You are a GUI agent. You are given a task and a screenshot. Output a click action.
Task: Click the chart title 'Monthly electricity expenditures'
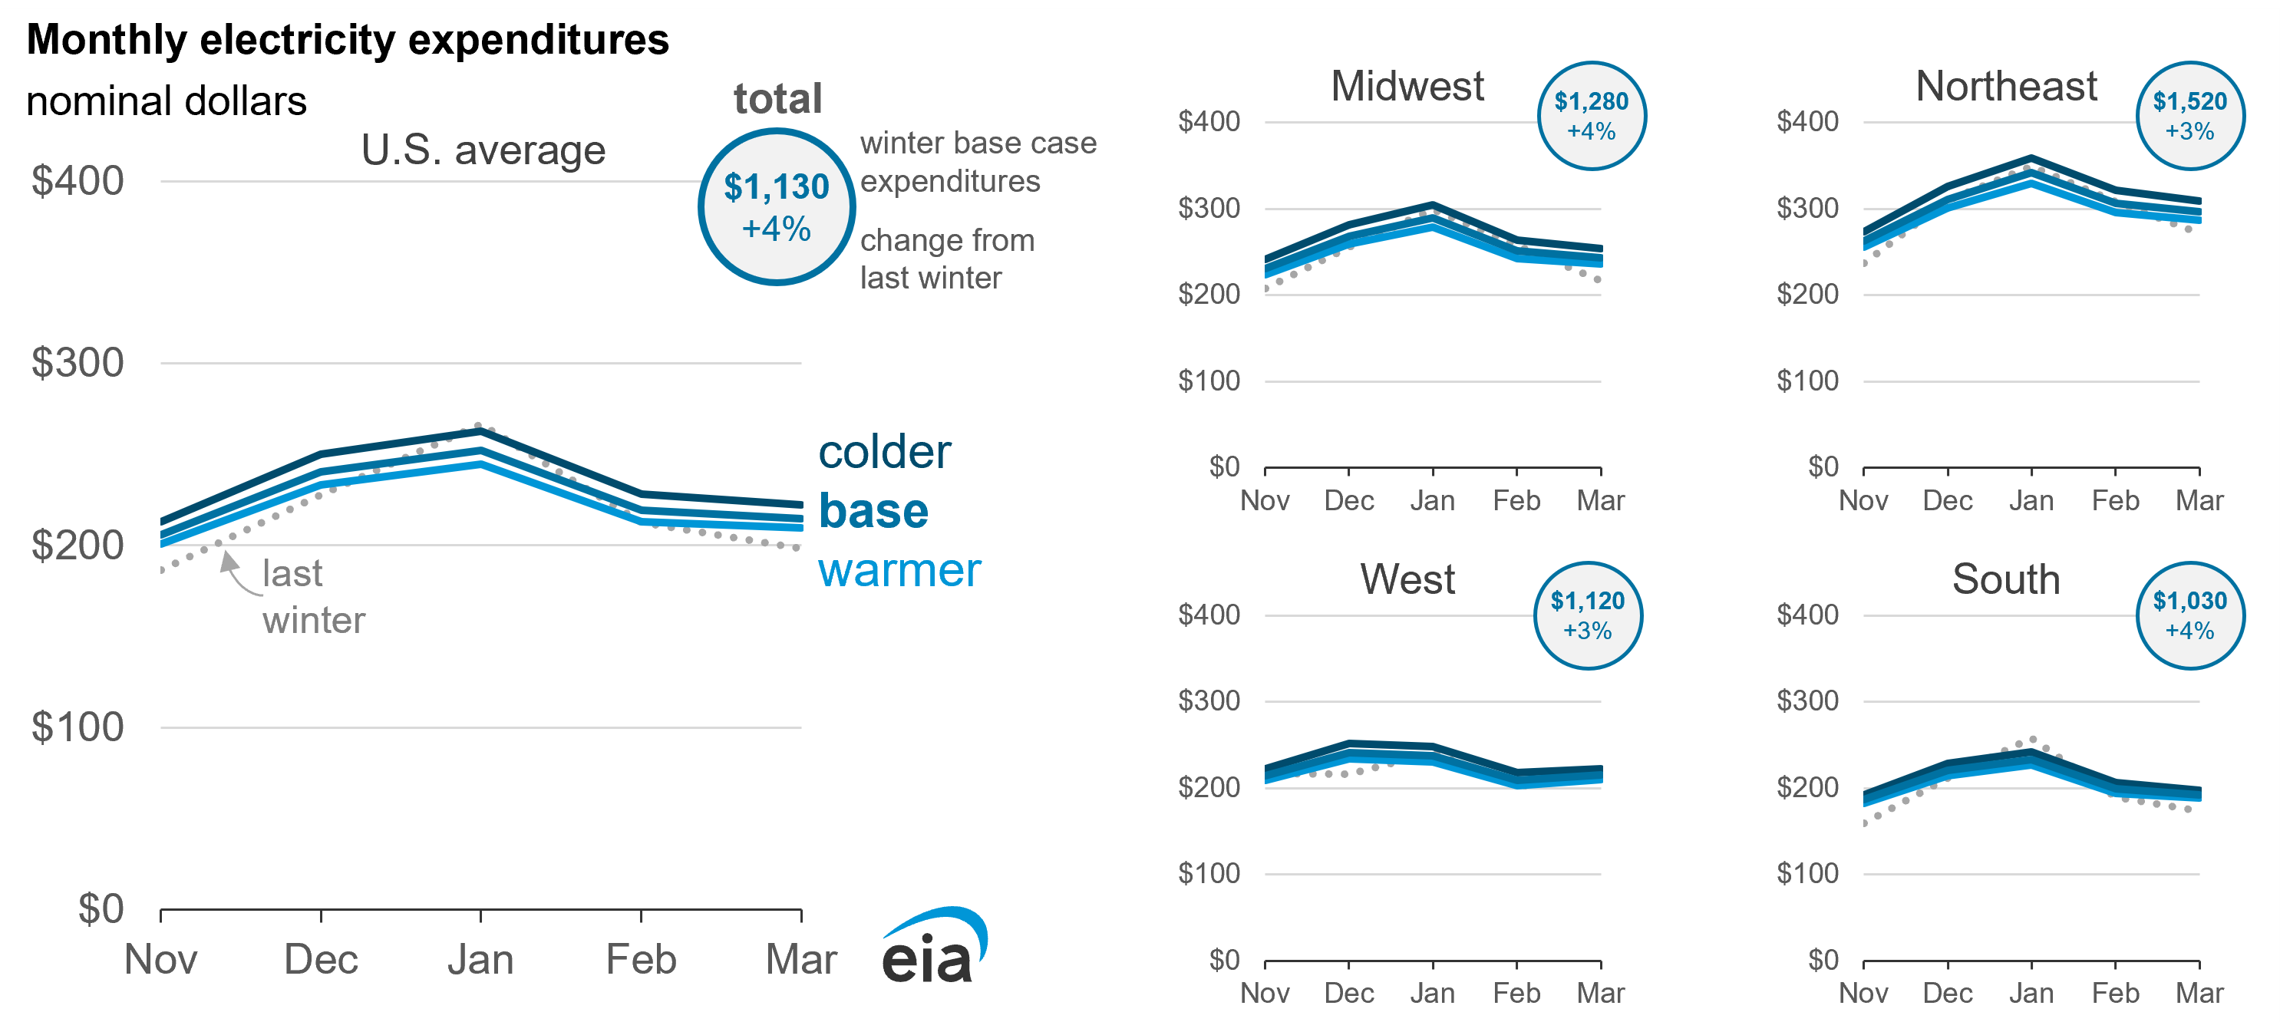[x=347, y=40]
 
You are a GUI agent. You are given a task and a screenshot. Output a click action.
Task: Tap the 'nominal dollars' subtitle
[x=167, y=101]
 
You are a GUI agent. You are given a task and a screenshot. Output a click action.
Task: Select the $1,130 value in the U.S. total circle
[x=776, y=186]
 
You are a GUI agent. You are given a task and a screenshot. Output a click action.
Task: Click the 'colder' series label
[x=884, y=452]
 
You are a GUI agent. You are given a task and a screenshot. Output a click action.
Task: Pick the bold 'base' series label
[x=873, y=512]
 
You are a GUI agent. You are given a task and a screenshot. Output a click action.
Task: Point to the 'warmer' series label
[x=899, y=571]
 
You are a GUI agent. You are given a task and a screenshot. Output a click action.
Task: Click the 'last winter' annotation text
[x=312, y=596]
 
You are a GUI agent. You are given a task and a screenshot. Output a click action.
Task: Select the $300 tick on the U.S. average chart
[x=77, y=363]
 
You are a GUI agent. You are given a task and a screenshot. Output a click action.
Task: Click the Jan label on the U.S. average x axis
[x=480, y=960]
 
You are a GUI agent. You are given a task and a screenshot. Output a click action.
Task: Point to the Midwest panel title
[x=1407, y=87]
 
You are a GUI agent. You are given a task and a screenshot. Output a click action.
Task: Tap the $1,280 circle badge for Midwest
[x=1592, y=116]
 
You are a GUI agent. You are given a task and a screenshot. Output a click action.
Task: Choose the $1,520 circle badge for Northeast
[x=2189, y=116]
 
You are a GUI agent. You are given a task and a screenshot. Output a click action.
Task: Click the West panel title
[x=1407, y=579]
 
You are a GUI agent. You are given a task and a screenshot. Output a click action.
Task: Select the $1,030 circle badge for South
[x=2189, y=616]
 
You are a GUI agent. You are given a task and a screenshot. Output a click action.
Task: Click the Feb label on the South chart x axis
[x=2115, y=994]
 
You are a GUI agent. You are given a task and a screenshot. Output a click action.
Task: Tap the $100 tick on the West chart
[x=1209, y=874]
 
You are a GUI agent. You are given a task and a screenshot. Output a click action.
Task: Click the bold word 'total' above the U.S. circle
[x=778, y=98]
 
